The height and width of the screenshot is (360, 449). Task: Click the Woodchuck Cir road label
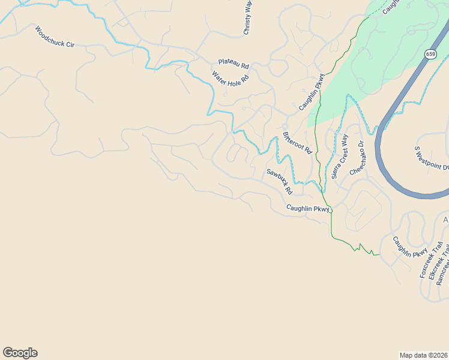click(54, 37)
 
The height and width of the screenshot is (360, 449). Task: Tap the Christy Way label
click(247, 18)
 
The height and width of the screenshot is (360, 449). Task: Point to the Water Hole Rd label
click(230, 78)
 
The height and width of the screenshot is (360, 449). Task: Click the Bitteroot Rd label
click(297, 142)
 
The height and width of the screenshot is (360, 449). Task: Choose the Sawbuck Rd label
click(279, 181)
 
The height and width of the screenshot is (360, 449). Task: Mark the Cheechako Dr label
click(357, 158)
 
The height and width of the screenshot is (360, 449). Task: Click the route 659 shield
click(430, 54)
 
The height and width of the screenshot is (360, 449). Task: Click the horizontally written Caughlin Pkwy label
click(308, 209)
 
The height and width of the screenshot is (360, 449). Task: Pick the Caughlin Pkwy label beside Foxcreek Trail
click(410, 247)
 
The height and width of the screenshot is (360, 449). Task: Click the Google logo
click(20, 353)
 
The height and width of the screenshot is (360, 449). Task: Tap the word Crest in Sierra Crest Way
click(340, 155)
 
